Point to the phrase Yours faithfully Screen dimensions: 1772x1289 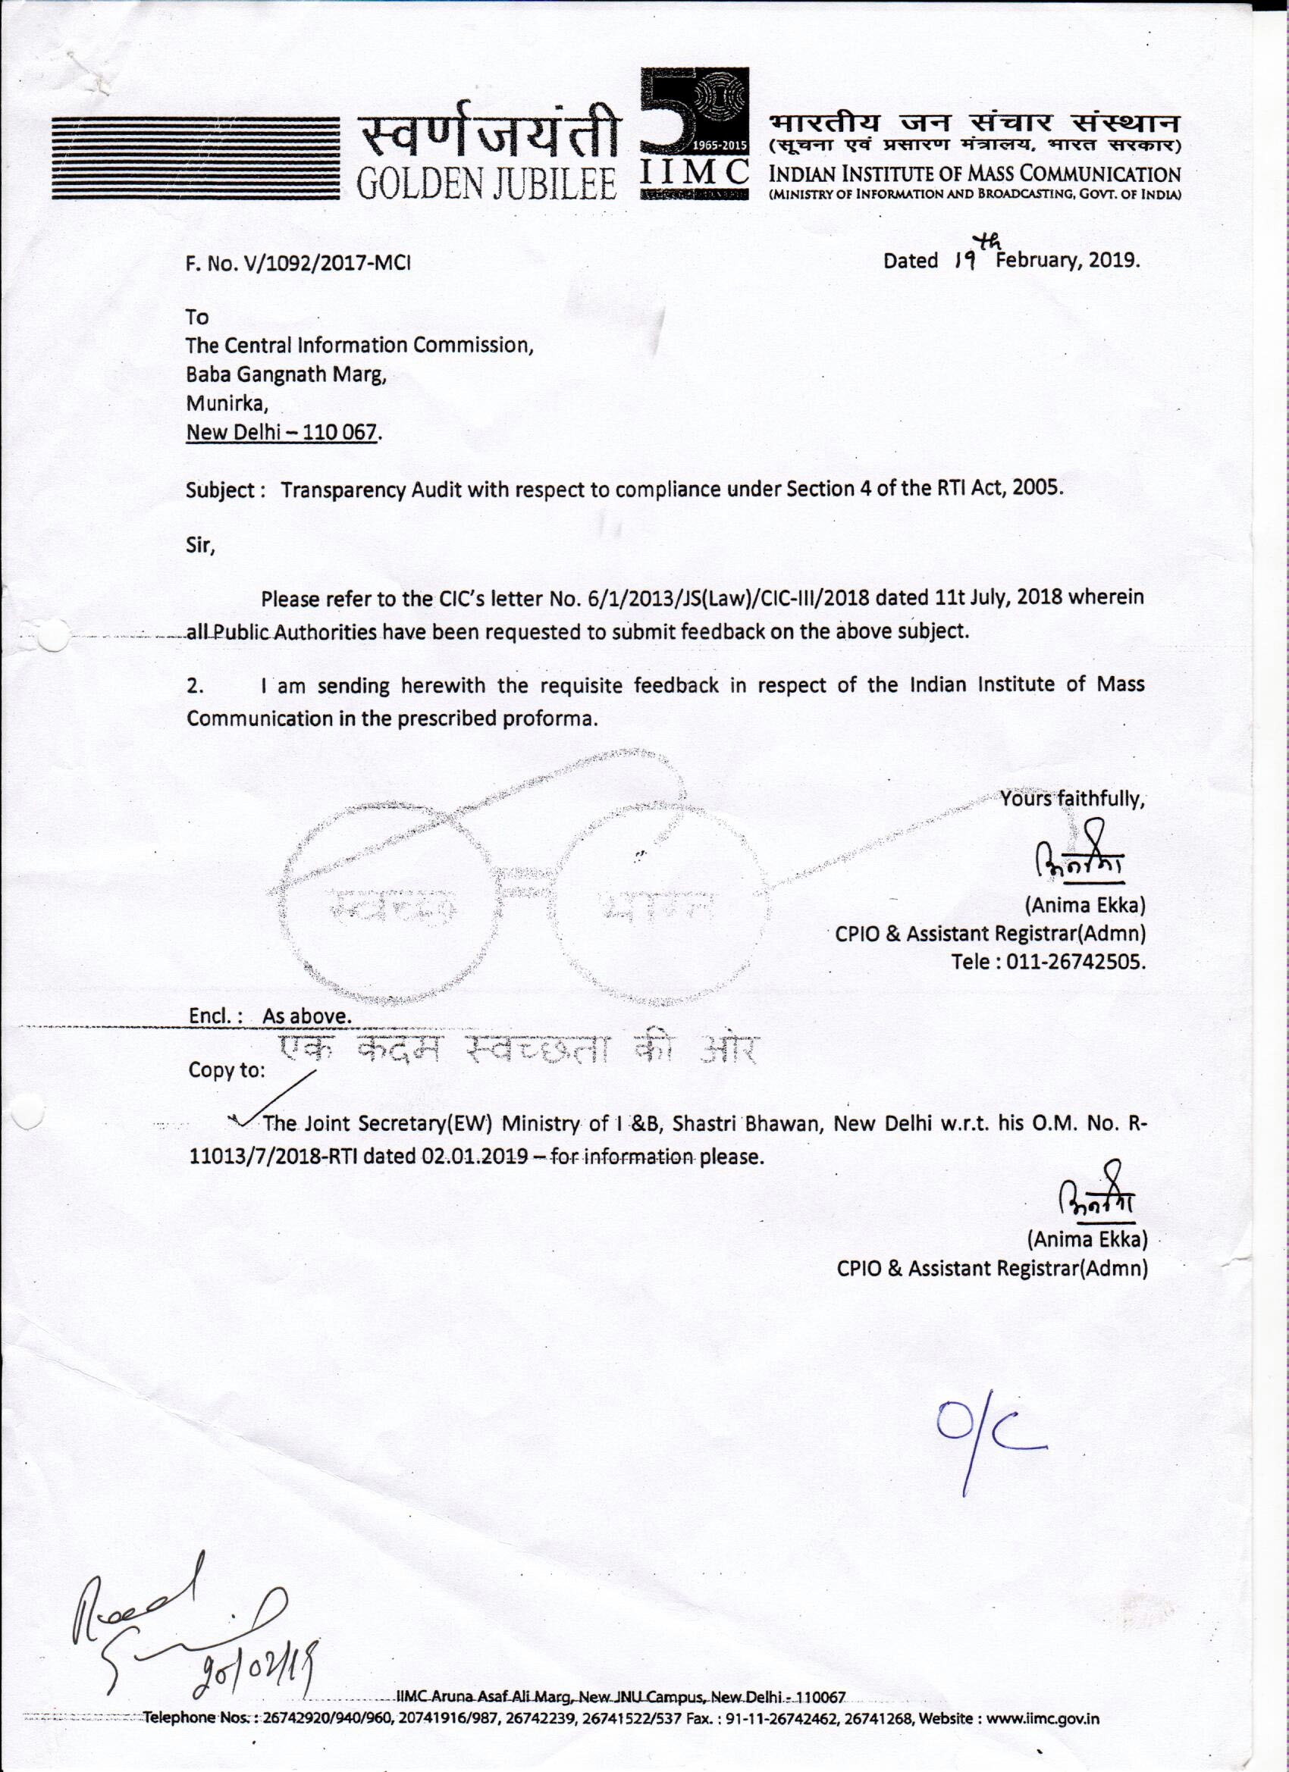[1072, 800]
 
